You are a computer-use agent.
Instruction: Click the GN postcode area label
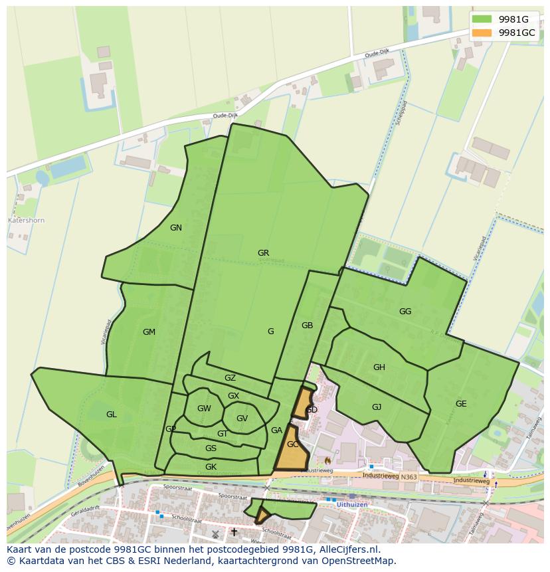[x=176, y=228]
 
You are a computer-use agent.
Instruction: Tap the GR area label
[x=264, y=253]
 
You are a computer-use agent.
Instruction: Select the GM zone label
[x=149, y=332]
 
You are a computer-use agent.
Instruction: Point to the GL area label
[x=111, y=415]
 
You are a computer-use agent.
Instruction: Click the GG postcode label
[x=405, y=312]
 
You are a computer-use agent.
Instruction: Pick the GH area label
[x=379, y=367]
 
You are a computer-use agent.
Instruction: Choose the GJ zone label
[x=377, y=407]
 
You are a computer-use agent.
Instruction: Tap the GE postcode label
[x=461, y=404]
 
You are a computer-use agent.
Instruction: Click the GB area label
[x=307, y=326]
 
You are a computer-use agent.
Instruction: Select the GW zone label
[x=204, y=409]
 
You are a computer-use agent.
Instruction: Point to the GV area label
[x=242, y=419]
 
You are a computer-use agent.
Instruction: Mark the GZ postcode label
[x=230, y=378]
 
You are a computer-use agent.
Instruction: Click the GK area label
[x=211, y=467]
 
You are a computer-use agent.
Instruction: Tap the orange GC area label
[x=292, y=444]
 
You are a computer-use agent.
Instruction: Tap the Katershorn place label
[x=26, y=220]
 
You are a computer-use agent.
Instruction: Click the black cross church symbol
[x=234, y=532]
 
